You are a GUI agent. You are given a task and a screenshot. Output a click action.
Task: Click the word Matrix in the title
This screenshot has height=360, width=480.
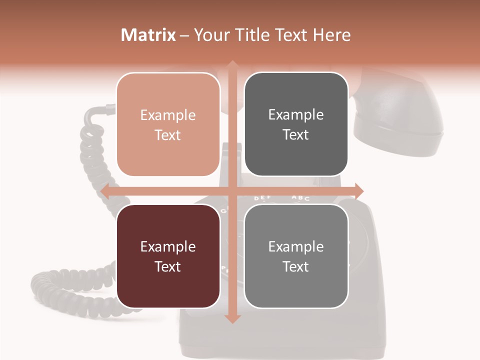[148, 35]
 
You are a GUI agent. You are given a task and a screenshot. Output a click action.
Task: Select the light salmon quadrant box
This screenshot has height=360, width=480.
[168, 124]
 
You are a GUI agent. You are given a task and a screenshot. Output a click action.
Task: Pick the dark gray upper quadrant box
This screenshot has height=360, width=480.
[296, 124]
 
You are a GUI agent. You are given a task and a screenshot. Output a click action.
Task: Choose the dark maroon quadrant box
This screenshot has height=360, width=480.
[168, 256]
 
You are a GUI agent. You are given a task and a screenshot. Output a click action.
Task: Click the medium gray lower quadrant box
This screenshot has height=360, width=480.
[296, 256]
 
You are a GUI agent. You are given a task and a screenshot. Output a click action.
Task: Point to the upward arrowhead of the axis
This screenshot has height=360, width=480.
[232, 65]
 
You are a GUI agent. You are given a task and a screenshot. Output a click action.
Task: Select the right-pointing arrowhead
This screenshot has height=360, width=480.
[358, 190]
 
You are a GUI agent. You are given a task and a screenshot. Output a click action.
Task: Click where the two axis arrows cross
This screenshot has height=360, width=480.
[232, 190]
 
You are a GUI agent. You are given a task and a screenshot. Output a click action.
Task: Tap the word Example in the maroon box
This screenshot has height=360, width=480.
[168, 246]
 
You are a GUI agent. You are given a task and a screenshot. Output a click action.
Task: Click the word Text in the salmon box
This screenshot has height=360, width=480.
[168, 135]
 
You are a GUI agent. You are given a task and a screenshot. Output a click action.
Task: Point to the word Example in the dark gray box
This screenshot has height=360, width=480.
[296, 114]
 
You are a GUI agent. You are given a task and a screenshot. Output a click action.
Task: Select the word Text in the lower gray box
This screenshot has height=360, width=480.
[296, 266]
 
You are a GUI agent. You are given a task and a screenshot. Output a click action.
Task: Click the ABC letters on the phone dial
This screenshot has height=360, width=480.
[300, 198]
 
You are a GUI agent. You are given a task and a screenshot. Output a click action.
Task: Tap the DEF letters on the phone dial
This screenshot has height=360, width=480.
[262, 198]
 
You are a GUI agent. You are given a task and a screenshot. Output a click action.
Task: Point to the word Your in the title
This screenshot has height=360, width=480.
[210, 35]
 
